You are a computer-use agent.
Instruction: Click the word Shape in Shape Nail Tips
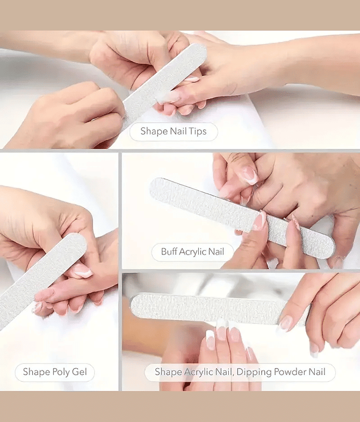pyautogui.click(x=151, y=131)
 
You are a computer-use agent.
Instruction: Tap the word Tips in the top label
pyautogui.click(x=197, y=131)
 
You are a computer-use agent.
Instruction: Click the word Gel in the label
pyautogui.click(x=79, y=372)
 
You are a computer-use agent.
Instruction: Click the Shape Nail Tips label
pyautogui.click(x=174, y=131)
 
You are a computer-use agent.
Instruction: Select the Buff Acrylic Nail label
pyautogui.click(x=192, y=252)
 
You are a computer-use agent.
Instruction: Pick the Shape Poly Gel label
pyautogui.click(x=55, y=372)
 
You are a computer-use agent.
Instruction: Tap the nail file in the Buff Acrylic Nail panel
pyautogui.click(x=242, y=218)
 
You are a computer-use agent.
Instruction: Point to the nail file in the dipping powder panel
pyautogui.click(x=219, y=310)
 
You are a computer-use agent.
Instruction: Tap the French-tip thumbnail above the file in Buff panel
pyautogui.click(x=249, y=175)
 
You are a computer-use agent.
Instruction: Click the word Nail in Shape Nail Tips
pyautogui.click(x=175, y=131)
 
